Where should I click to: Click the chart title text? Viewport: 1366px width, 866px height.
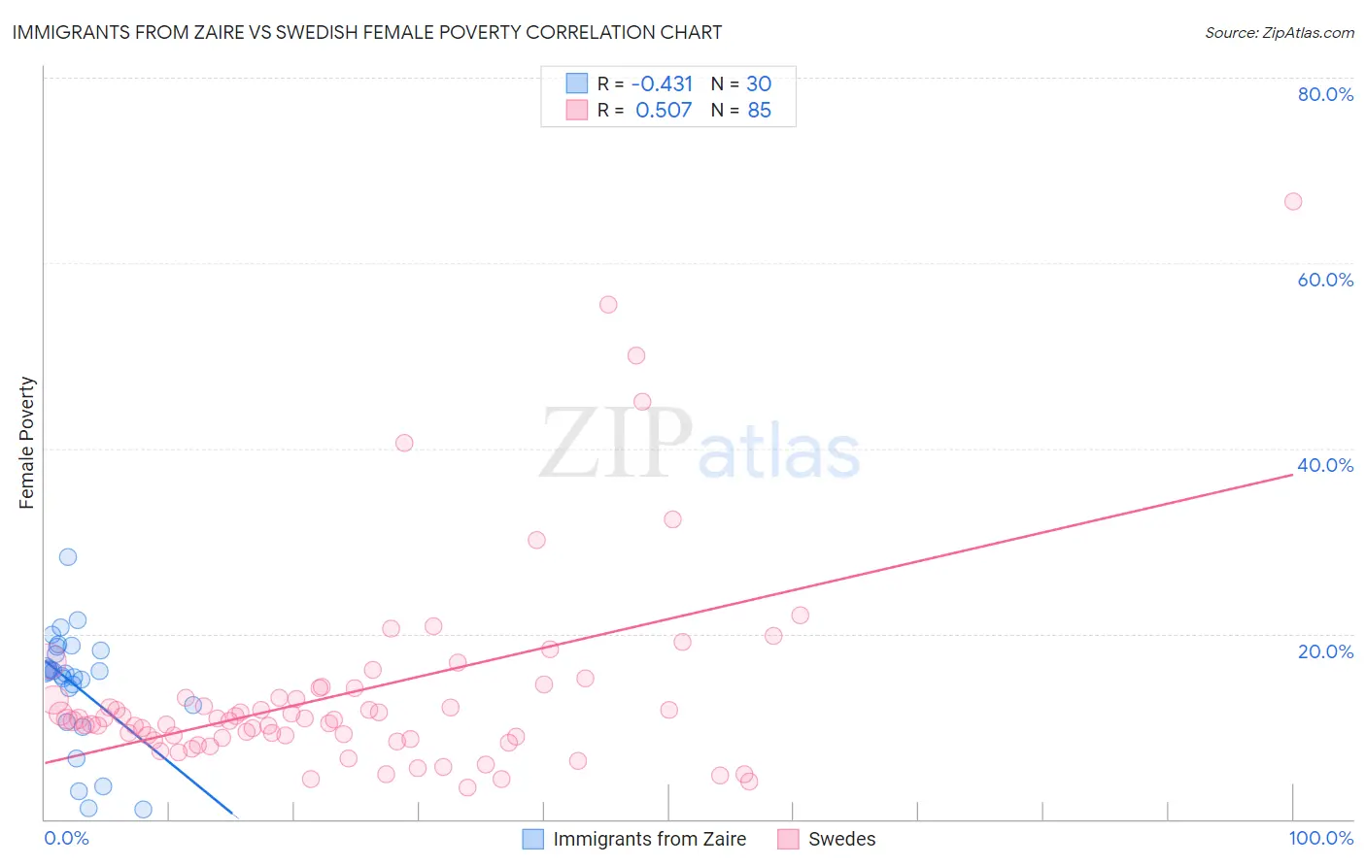point(367,32)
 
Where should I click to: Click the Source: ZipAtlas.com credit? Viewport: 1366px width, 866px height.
point(1279,33)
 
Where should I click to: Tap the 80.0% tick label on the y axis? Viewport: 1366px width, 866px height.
point(1325,94)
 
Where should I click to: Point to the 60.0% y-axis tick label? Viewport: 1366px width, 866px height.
point(1325,280)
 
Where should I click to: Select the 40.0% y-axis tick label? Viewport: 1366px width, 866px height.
point(1325,465)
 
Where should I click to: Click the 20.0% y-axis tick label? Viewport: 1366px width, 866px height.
point(1325,651)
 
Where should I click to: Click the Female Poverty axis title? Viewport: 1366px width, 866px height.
point(27,443)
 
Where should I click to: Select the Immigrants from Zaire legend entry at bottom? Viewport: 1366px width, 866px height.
point(649,839)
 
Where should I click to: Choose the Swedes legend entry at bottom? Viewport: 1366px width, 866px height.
point(841,839)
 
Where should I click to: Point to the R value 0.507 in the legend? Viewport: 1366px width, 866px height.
point(664,111)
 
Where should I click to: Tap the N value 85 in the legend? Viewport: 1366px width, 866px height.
point(759,111)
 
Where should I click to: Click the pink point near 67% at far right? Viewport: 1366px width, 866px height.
point(1292,202)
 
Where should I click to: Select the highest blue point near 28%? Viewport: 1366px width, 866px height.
point(68,557)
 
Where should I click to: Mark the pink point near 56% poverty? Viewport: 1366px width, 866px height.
point(608,305)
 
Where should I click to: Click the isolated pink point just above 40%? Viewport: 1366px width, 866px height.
point(404,443)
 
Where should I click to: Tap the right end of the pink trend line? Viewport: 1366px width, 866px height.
point(1293,475)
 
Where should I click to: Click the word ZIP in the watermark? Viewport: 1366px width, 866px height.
point(616,444)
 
